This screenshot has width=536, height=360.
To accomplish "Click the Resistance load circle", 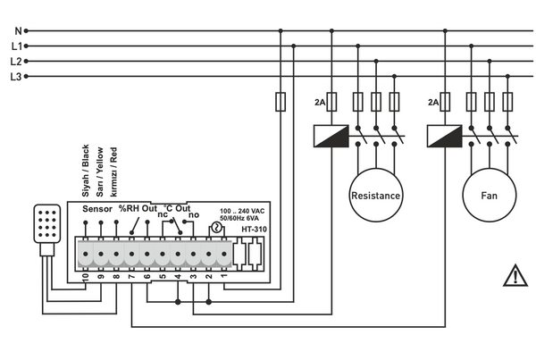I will [x=375, y=196].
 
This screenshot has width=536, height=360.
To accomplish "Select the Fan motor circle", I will [x=488, y=196].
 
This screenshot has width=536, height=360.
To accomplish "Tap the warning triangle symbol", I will [x=515, y=276].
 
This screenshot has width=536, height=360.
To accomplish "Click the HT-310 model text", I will [x=254, y=230].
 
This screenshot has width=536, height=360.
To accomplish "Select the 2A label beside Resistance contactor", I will [x=319, y=104].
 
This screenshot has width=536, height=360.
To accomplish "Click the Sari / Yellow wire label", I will [x=100, y=172].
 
